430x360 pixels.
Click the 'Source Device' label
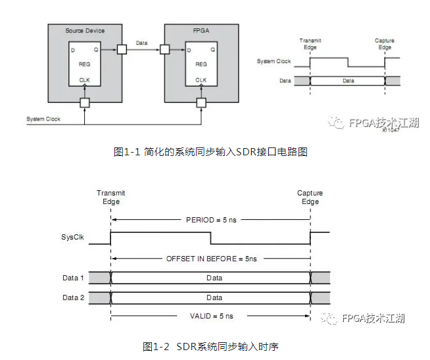click(x=85, y=31)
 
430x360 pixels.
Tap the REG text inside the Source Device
click(x=85, y=64)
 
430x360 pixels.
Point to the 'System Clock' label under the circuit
click(x=43, y=119)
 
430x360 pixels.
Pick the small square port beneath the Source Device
click(x=85, y=103)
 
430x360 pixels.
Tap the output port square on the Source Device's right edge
click(x=122, y=49)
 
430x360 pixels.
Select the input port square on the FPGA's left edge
click(x=164, y=49)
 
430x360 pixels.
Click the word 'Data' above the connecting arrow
click(x=141, y=42)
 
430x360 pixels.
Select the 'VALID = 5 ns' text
click(x=210, y=317)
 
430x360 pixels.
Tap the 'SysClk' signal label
click(x=72, y=236)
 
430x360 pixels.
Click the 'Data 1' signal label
click(x=73, y=278)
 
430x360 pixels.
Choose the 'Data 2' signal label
click(x=73, y=298)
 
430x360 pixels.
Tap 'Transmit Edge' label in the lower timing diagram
click(x=110, y=197)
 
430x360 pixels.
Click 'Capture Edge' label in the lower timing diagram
click(x=310, y=197)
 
